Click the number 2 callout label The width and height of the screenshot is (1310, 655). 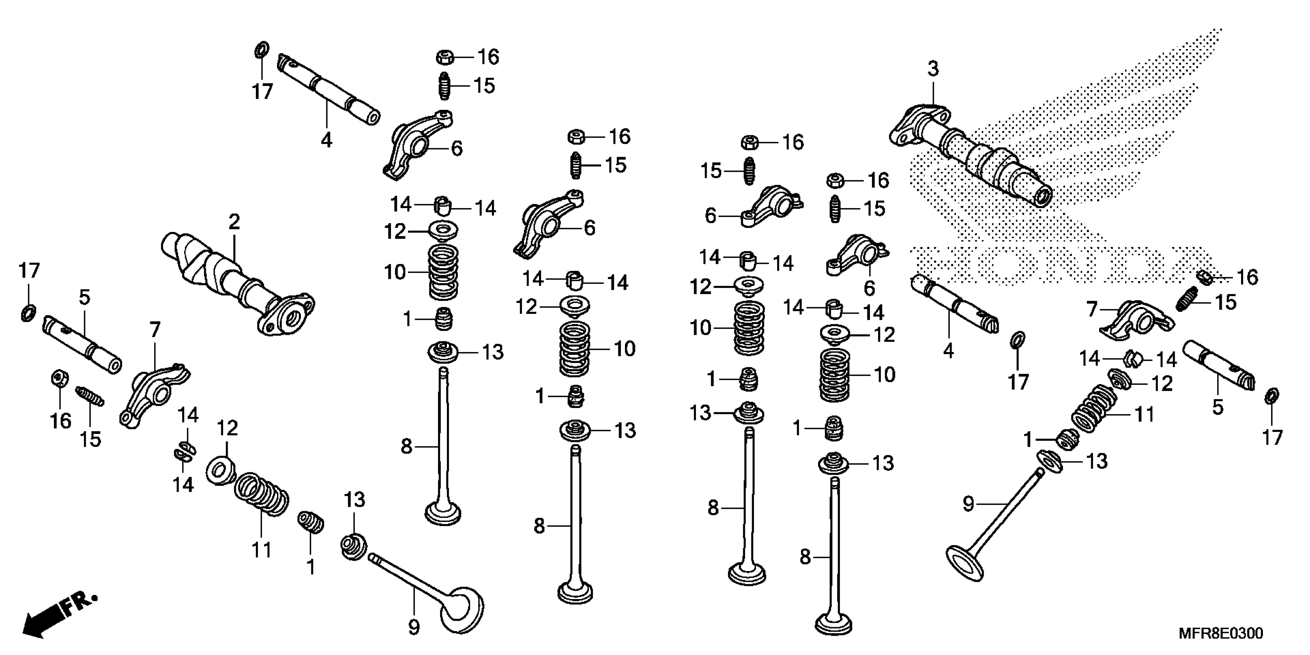click(x=234, y=222)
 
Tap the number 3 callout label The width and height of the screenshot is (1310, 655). click(x=933, y=69)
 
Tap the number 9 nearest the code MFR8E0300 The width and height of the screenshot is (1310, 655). click(x=968, y=504)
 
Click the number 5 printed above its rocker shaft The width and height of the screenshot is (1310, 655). click(x=84, y=297)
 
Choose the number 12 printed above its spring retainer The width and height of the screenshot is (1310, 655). click(x=227, y=428)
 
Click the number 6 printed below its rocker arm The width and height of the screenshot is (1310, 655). click(x=870, y=288)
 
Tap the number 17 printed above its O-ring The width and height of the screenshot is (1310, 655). click(x=29, y=270)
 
